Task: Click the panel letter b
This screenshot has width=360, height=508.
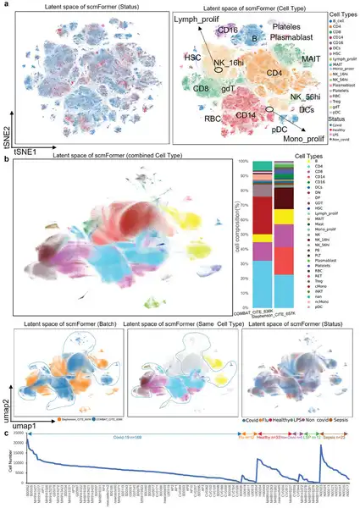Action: tap(7, 158)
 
